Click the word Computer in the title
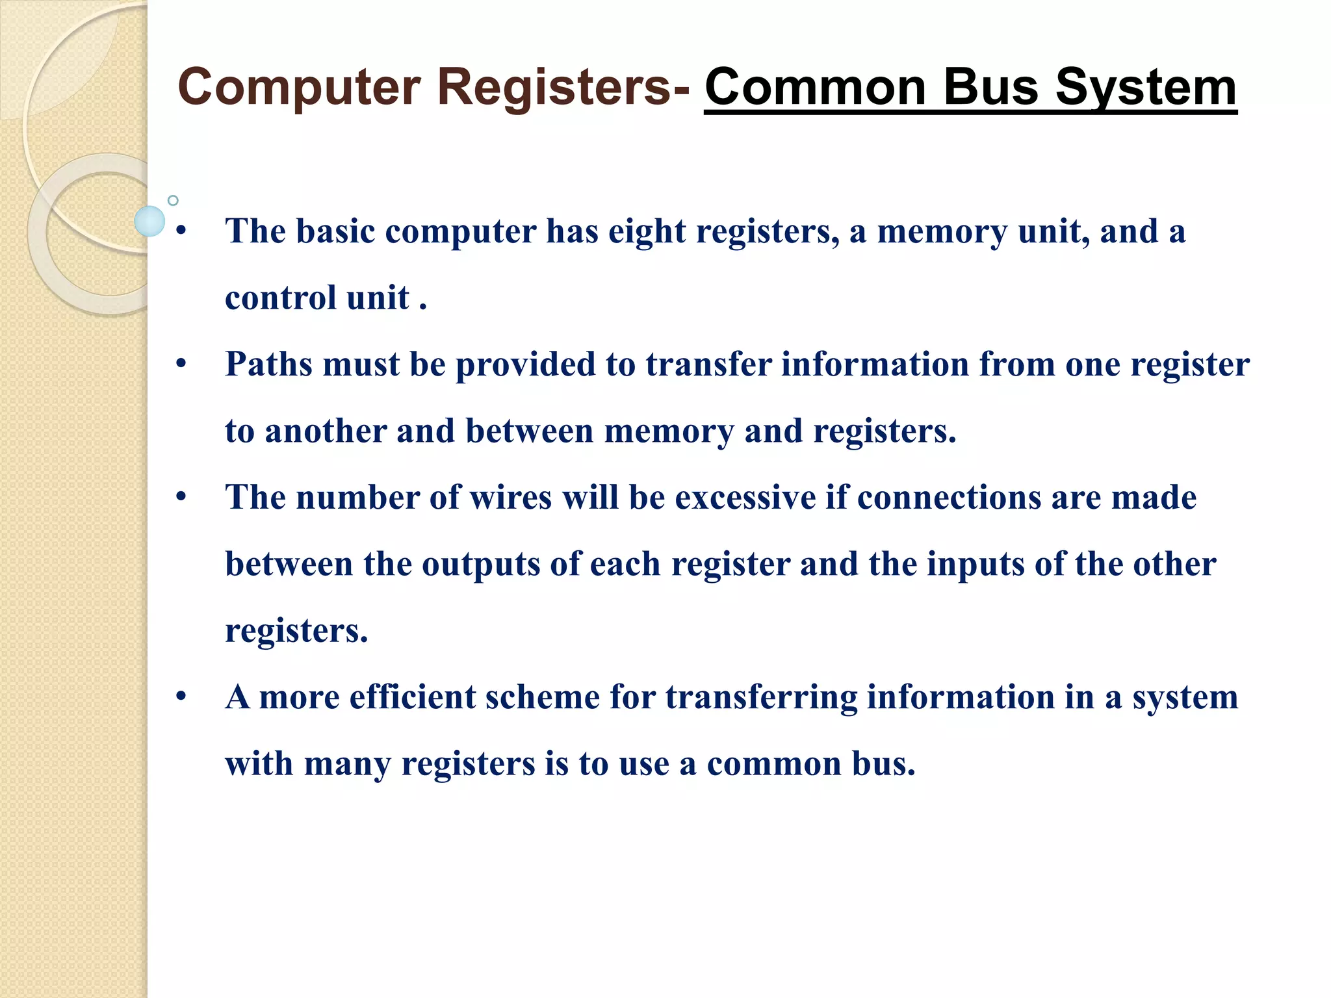[300, 88]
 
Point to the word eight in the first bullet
[647, 231]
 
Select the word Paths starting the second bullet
[269, 365]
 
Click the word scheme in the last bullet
[543, 697]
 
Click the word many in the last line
[348, 764]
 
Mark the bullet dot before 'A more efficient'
[181, 697]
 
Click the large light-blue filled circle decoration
[149, 221]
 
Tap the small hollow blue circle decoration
[173, 200]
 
